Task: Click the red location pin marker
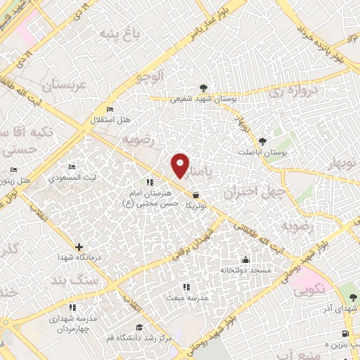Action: coord(180,165)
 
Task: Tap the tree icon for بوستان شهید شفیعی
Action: coord(203,88)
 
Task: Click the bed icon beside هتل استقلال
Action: coord(109,110)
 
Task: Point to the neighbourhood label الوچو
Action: coord(150,76)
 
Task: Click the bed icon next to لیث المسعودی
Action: coord(72,167)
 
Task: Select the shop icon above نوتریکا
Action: coord(195,195)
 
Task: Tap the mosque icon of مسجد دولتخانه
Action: coord(245,259)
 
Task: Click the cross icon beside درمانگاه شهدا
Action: coord(79,247)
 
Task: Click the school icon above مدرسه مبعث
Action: coord(186,286)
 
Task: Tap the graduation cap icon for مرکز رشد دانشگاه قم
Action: coord(139,328)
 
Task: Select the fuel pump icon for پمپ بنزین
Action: coord(344,334)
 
